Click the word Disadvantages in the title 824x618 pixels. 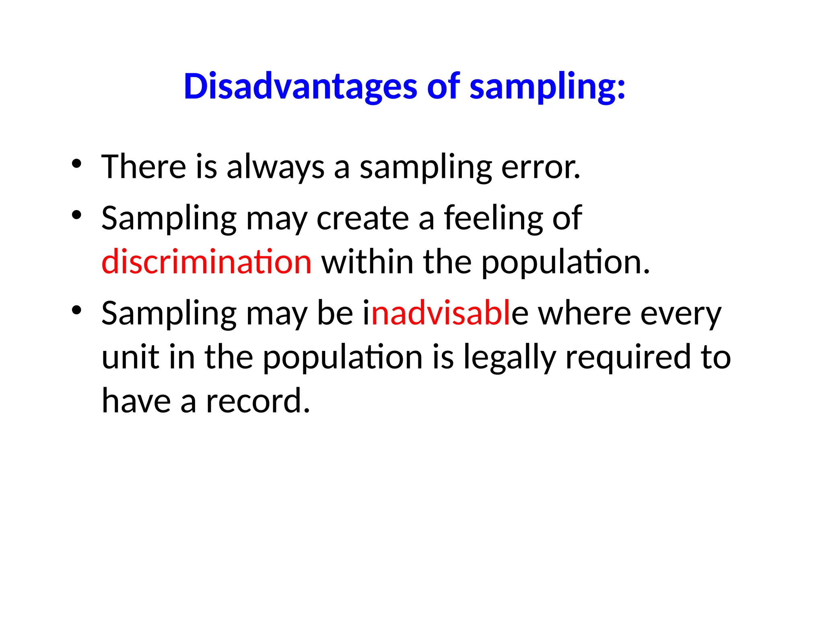300,87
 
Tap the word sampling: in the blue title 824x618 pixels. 547,87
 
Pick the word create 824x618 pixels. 363,218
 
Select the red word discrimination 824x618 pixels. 206,262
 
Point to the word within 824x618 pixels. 367,262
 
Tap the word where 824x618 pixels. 584,313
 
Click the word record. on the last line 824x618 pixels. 258,401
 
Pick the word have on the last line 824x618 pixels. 136,401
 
